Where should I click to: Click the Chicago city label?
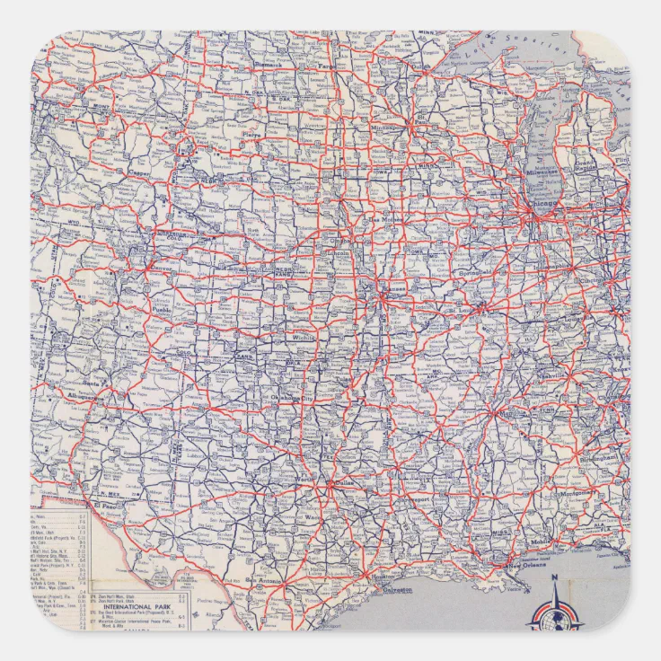point(545,204)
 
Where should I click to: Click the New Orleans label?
point(527,566)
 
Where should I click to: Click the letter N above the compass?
point(554,577)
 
